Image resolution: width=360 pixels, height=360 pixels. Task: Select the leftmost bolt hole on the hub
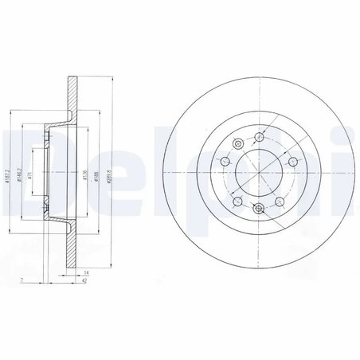click(x=225, y=162)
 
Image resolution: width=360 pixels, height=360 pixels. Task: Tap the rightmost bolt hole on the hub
click(x=292, y=162)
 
